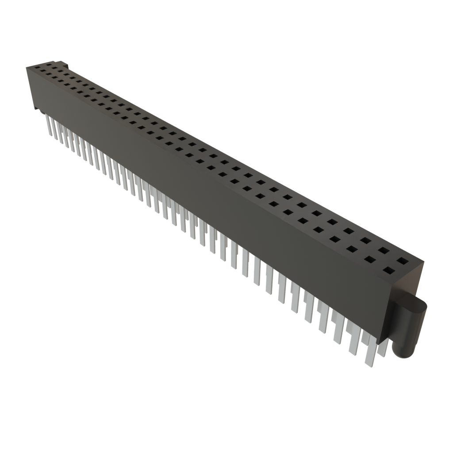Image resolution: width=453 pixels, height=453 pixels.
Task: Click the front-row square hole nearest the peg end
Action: (388, 270)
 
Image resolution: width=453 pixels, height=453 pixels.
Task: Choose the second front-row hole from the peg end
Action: (369, 260)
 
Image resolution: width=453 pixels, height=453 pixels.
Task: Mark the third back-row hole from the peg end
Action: (365, 241)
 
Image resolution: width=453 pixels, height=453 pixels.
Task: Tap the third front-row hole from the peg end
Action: (352, 250)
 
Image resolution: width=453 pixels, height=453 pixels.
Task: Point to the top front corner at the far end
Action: (27, 68)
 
